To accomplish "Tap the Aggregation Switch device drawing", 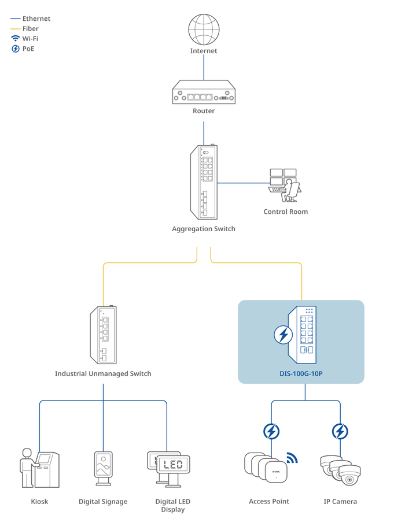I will click(x=203, y=182).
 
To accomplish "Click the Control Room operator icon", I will click(x=285, y=184).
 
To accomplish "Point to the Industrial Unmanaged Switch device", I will click(x=103, y=335).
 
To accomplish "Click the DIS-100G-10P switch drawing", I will click(x=303, y=334).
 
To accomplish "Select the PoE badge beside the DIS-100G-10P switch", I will click(x=283, y=335).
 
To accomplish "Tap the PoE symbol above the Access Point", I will click(x=271, y=431).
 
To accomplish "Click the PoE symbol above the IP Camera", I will click(x=340, y=431).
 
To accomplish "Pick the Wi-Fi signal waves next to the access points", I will click(x=292, y=458).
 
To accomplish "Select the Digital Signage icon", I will click(x=103, y=468).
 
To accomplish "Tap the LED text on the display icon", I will click(x=173, y=464).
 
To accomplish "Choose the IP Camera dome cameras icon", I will click(x=340, y=470).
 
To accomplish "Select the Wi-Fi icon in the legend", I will click(x=16, y=39).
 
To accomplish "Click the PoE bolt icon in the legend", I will click(x=16, y=49).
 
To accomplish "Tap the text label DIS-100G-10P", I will click(x=301, y=373).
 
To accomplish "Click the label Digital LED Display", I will click(x=172, y=505).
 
